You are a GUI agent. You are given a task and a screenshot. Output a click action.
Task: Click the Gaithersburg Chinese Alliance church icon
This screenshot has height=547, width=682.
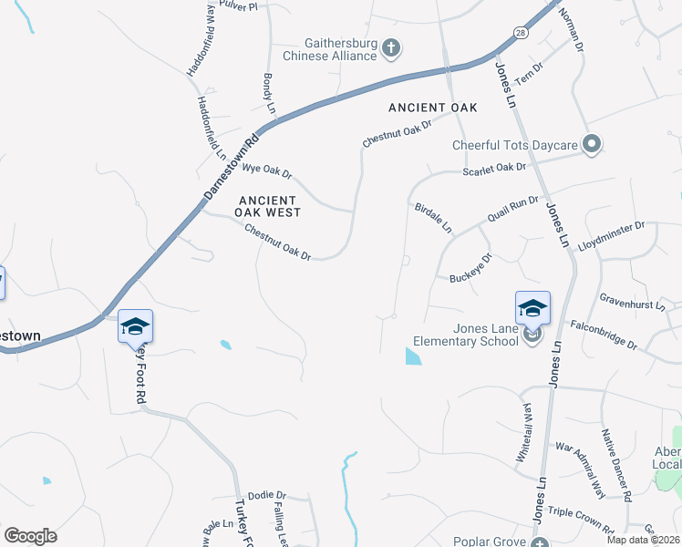(x=391, y=47)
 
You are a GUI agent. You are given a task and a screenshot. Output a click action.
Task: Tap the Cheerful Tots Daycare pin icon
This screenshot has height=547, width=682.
(x=592, y=144)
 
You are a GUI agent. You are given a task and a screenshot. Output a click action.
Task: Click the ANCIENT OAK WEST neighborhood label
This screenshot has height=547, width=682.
(x=267, y=206)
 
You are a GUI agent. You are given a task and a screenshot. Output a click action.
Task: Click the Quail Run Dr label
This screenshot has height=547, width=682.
(x=513, y=209)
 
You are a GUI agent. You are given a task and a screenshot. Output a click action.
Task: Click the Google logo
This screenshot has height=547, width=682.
(x=31, y=535)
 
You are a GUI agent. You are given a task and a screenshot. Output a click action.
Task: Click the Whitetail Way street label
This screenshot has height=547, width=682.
(x=524, y=435)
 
